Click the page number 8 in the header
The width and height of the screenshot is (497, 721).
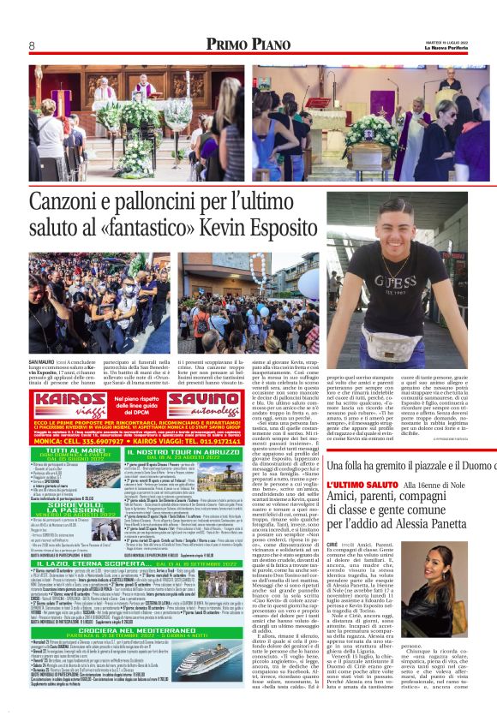point(31,45)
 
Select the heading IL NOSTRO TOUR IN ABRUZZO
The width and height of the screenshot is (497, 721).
point(218,450)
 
